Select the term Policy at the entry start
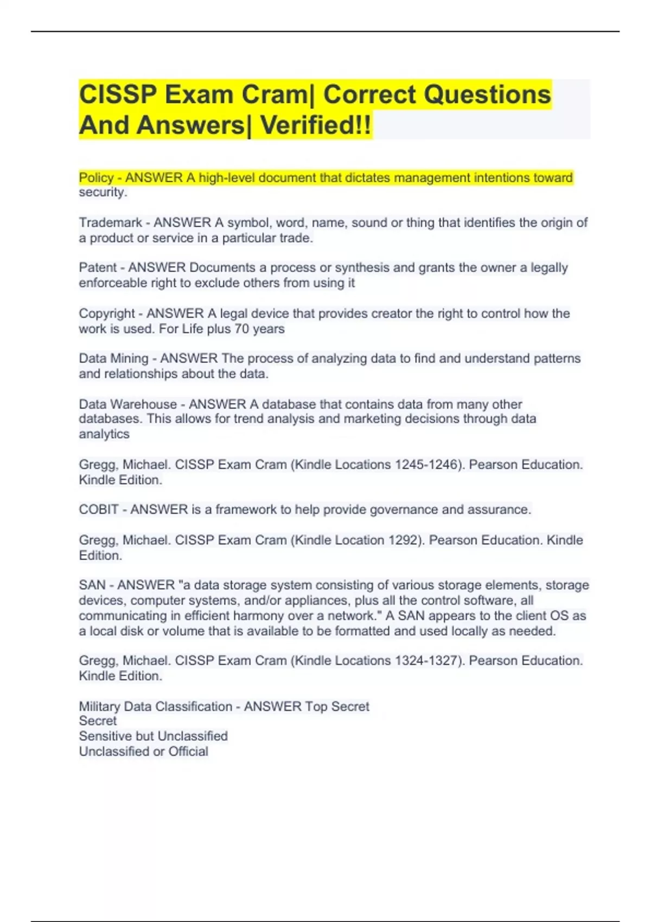coord(96,178)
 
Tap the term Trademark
coord(110,222)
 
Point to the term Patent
coord(98,267)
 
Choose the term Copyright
coord(107,313)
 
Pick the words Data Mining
coord(113,358)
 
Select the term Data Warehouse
coord(127,404)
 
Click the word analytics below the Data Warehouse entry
coord(104,434)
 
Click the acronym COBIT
coord(99,510)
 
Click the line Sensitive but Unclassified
coord(153,736)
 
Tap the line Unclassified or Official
coord(143,751)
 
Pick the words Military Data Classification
coord(155,706)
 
